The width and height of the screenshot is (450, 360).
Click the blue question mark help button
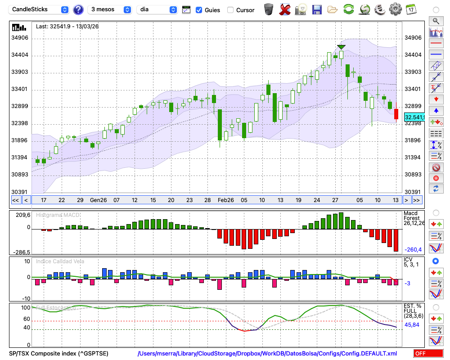point(78,9)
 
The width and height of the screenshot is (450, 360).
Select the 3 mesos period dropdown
point(110,9)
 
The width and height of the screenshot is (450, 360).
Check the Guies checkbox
point(199,10)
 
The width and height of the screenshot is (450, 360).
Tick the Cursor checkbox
point(230,10)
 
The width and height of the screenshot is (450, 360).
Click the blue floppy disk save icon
point(317,9)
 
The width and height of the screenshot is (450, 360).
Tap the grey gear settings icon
point(395,9)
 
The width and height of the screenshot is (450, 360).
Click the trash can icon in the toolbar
point(269,9)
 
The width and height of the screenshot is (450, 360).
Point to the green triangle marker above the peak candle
point(341,47)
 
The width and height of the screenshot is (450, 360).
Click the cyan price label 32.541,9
point(414,117)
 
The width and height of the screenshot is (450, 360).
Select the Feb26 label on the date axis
point(226,200)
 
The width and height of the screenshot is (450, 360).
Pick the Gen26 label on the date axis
point(98,200)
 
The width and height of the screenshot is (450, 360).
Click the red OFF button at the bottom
point(428,353)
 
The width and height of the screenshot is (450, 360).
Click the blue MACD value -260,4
point(413,250)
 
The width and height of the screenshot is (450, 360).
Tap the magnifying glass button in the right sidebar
point(436,21)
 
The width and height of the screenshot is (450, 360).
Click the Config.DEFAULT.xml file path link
point(267,354)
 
